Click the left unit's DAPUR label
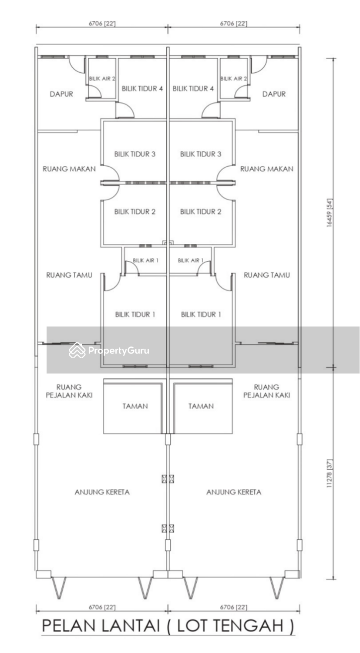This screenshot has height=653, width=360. point(61,94)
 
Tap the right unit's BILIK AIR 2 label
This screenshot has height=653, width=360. point(233,78)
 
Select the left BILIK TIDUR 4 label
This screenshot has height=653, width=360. point(142,88)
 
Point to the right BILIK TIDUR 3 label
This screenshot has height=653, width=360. point(201,154)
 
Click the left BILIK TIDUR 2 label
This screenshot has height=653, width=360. point(135,211)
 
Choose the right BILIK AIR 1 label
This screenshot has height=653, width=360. point(191,260)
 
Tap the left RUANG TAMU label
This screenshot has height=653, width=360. point(69,275)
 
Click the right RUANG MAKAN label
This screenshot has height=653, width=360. point(266,169)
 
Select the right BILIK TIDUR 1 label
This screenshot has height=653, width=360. point(201,314)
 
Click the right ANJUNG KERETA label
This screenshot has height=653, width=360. point(234,492)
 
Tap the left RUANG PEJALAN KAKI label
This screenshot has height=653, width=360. point(69,391)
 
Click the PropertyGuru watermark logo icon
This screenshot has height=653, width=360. point(77,350)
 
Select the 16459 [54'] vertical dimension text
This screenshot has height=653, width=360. point(330,213)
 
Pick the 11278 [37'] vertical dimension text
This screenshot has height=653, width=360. point(330,474)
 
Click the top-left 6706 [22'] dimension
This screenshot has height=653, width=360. point(102,24)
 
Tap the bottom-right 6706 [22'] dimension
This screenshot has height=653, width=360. point(233,607)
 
